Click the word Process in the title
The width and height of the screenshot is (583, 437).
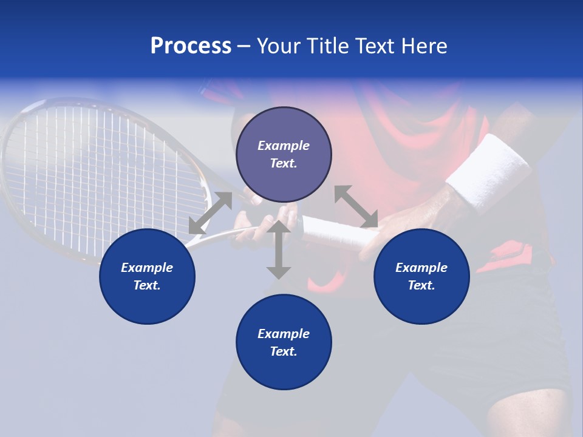(x=191, y=47)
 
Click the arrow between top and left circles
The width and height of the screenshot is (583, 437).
(x=210, y=213)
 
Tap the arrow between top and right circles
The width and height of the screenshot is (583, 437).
(x=356, y=207)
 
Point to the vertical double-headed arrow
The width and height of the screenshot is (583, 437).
(x=279, y=249)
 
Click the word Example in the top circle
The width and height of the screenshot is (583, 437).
(x=284, y=146)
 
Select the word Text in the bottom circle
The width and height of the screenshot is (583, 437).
(x=284, y=351)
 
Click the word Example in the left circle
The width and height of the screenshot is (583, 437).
(x=147, y=268)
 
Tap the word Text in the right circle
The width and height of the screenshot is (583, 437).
(x=421, y=285)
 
